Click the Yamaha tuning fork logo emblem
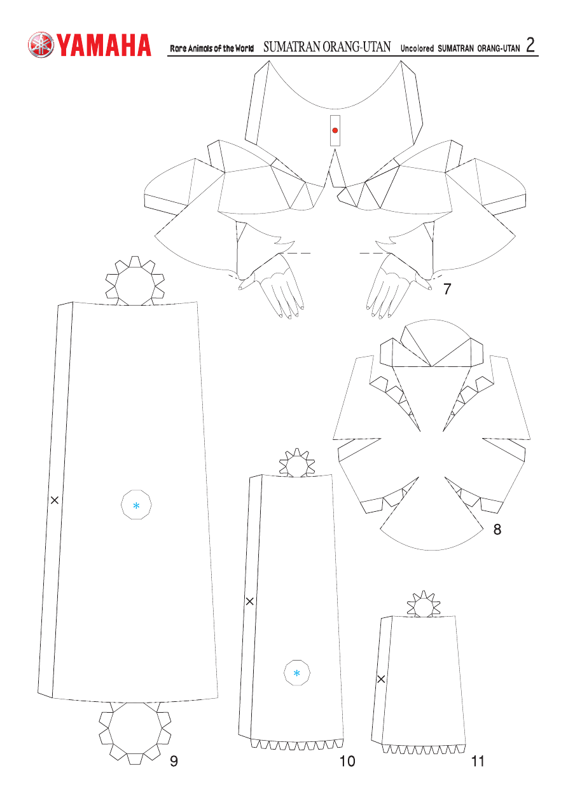41,45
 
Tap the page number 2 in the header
530,45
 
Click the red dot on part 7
335,130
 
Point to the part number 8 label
497,529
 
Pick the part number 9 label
174,761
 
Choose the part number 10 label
347,761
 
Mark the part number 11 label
478,761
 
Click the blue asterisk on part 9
136,505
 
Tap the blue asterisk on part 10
296,673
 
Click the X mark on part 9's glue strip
55,500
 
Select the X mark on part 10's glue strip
250,601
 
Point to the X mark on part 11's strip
381,679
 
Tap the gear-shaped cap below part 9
135,729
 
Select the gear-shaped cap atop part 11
424,605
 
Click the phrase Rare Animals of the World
212,48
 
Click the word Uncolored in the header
417,48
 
